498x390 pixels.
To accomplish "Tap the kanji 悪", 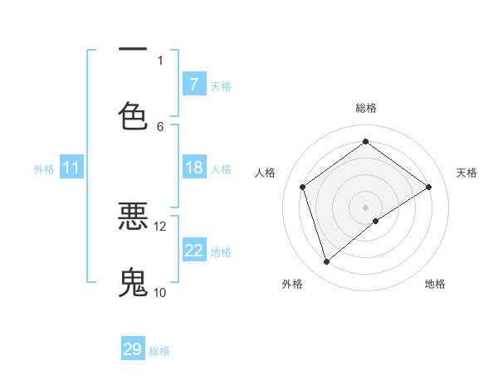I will coord(133,217).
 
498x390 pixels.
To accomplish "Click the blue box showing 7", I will coord(193,85).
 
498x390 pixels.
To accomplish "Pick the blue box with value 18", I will coord(193,168).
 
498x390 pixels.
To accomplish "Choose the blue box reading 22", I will coord(193,251).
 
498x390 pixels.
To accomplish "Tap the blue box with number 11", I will coord(71,168).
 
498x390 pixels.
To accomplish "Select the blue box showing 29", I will coord(133,349).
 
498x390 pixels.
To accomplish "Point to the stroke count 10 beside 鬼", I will coord(159,292).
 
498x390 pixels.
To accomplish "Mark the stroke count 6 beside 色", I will coord(160,126).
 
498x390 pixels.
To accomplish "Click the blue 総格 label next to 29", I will coord(159,351).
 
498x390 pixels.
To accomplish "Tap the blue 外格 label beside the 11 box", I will coord(44,168).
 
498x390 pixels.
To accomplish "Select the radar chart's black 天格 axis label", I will coord(466,173).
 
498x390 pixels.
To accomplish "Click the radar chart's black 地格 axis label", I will coord(435,284).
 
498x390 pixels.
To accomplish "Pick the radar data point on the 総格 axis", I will coord(365,141).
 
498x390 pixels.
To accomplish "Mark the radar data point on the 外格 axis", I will coord(326,262).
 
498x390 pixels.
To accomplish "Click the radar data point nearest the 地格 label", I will coord(376,221).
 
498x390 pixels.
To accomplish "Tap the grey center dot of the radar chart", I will coord(365,207).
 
